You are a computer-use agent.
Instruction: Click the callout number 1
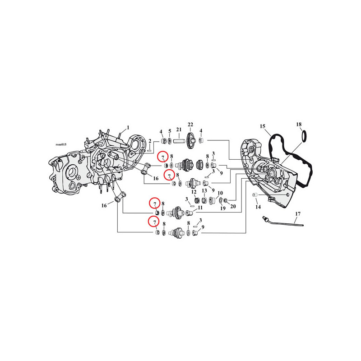coord(128,128)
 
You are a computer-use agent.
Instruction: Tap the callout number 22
coord(190,125)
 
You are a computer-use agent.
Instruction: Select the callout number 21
coord(179,130)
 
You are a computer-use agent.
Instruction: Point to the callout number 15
coord(263,126)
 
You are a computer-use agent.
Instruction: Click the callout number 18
coord(299,125)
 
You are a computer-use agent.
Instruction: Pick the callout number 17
coord(298,214)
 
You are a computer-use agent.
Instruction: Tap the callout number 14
coord(258,207)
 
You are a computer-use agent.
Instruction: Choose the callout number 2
coord(150,141)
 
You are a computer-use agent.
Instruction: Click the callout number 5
coord(170,131)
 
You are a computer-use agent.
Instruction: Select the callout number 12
coord(194,192)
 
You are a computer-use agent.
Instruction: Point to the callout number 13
coord(204,190)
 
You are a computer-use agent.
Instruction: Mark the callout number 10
coord(220,193)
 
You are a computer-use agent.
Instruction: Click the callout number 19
coord(222,208)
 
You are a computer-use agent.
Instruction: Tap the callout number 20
coord(233,206)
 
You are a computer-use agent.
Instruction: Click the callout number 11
coord(200,208)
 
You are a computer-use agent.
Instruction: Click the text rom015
coord(61,144)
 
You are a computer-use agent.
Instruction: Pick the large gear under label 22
coord(190,141)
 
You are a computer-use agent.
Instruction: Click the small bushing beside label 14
coord(255,195)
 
